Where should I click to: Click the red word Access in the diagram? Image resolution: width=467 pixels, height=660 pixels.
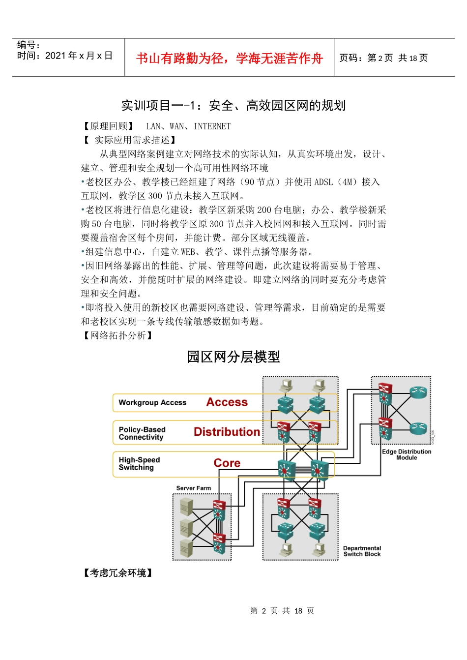click(x=227, y=402)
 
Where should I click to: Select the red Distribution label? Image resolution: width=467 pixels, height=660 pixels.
click(x=227, y=432)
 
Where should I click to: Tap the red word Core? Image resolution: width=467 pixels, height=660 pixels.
click(x=227, y=463)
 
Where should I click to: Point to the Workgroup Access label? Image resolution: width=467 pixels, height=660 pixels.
click(x=152, y=403)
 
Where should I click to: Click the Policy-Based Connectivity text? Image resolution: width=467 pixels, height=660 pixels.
click(x=142, y=433)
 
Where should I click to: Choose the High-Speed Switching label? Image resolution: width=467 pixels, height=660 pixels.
click(x=139, y=464)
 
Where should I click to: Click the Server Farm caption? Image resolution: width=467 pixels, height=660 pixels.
click(x=193, y=488)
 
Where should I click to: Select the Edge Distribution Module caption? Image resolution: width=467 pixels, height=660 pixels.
click(x=407, y=454)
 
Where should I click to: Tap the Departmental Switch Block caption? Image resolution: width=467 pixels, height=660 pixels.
click(x=362, y=551)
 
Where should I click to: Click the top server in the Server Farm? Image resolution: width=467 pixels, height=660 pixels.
click(x=186, y=506)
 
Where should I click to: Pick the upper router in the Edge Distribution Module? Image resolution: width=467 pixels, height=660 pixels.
click(x=418, y=392)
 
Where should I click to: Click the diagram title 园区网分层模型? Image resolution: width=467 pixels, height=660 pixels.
click(x=233, y=357)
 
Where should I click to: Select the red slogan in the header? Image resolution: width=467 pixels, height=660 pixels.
click(x=229, y=59)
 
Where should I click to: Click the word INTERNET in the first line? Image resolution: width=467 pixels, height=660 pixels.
click(x=212, y=126)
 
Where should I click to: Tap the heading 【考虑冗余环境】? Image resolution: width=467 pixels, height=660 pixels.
click(x=118, y=573)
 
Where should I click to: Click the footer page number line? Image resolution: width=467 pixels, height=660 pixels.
click(x=282, y=611)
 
